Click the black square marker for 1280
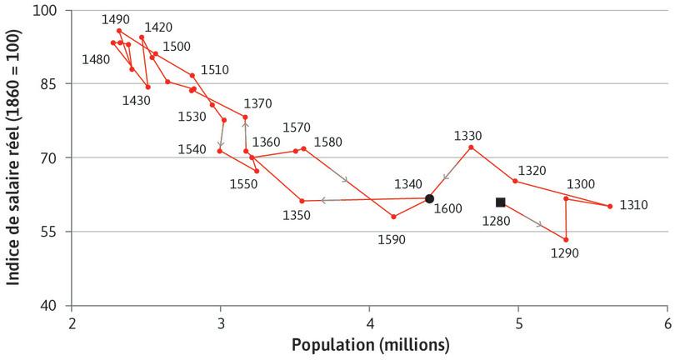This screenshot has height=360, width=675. click(x=500, y=202)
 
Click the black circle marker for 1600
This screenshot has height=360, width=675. click(x=429, y=198)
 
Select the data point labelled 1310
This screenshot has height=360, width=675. click(x=610, y=206)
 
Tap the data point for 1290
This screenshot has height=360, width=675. click(x=566, y=240)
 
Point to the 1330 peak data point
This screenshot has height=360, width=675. click(x=472, y=147)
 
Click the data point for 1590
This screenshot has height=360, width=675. click(x=393, y=217)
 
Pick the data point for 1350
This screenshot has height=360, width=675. click(x=302, y=201)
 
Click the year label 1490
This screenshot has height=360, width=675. click(x=115, y=18)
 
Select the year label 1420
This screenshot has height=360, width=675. click(x=158, y=27)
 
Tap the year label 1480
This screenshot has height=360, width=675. click(x=96, y=59)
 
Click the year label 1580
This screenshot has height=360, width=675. click(x=327, y=142)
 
